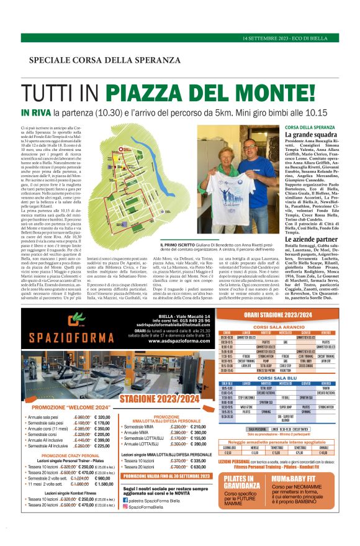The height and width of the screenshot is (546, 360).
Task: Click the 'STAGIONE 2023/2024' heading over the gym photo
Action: pyautogui.click(x=160, y=399)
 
